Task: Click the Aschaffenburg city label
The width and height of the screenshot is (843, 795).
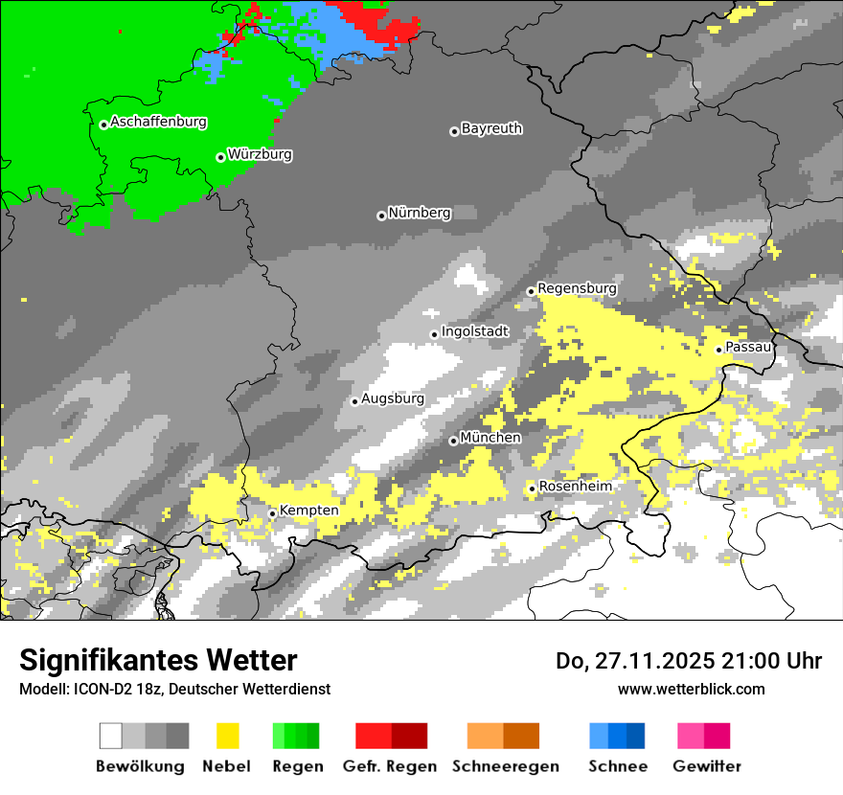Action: pyautogui.click(x=158, y=122)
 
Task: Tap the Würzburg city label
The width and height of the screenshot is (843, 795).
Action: pyautogui.click(x=260, y=154)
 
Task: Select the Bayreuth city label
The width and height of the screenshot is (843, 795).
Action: pyautogui.click(x=491, y=128)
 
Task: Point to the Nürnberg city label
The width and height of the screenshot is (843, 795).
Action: pyautogui.click(x=419, y=213)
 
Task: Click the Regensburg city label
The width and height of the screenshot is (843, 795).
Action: pyautogui.click(x=577, y=288)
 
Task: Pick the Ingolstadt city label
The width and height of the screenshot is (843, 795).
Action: pyautogui.click(x=475, y=331)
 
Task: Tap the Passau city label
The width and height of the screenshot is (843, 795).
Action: pyautogui.click(x=748, y=347)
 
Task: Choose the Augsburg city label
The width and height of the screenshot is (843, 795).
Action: pyautogui.click(x=393, y=398)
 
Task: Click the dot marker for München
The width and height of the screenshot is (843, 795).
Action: pyautogui.click(x=453, y=441)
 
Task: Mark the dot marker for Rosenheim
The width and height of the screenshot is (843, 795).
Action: pyautogui.click(x=532, y=489)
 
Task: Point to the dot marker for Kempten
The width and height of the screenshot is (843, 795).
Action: pyautogui.click(x=272, y=513)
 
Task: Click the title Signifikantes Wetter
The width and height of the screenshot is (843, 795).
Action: pyautogui.click(x=158, y=661)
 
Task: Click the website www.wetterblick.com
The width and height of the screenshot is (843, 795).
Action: pyautogui.click(x=691, y=689)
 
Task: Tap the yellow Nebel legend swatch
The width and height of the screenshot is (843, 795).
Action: pyautogui.click(x=227, y=736)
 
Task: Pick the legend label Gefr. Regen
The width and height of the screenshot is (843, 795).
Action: pyautogui.click(x=390, y=766)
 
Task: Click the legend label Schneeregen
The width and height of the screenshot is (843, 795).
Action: pyautogui.click(x=505, y=766)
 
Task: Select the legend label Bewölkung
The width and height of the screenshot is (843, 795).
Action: pyautogui.click(x=140, y=766)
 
